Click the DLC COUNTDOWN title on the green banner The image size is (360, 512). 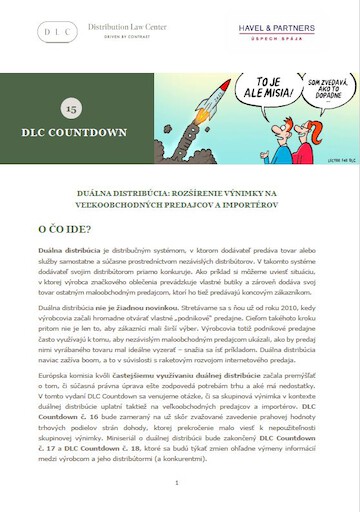69,131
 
